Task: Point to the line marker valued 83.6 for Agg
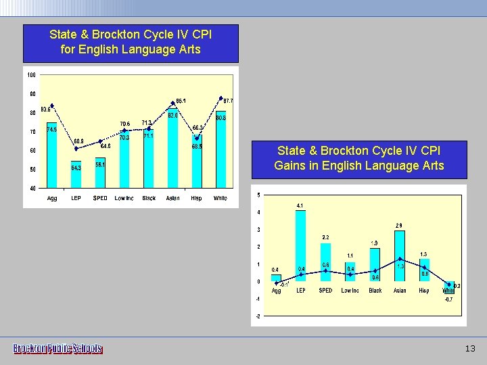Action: coord(52,105)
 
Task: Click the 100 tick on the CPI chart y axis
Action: coord(32,74)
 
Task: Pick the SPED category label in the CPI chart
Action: coord(100,198)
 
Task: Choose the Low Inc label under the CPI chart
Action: coord(124,198)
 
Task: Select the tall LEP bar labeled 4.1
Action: coord(300,246)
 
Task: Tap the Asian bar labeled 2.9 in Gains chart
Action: coord(400,256)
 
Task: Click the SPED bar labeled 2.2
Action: coord(325,262)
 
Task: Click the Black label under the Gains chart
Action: coord(375,291)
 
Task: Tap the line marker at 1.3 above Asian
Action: coord(400,259)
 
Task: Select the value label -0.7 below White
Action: coord(448,298)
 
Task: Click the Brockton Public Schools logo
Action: coord(58,349)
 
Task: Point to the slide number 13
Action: coord(471,349)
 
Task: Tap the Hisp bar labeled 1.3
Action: coord(424,270)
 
